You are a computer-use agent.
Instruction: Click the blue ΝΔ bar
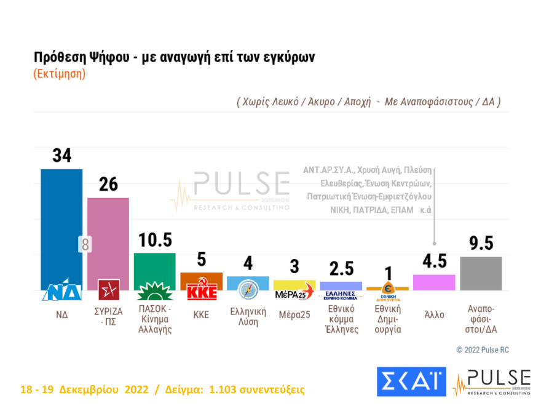pyautogui.click(x=61, y=221)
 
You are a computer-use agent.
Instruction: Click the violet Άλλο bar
pyautogui.click(x=434, y=282)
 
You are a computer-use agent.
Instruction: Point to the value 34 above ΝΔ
pyautogui.click(x=61, y=156)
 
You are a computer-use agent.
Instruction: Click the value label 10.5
pyautogui.click(x=154, y=240)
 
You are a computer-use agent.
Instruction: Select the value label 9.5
pyautogui.click(x=481, y=244)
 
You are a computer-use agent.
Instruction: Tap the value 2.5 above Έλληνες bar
pyautogui.click(x=342, y=269)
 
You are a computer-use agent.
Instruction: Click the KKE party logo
pyautogui.click(x=202, y=292)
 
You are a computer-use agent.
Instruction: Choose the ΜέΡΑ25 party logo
pyautogui.click(x=294, y=293)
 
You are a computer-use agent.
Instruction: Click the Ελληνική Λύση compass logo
pyautogui.click(x=248, y=289)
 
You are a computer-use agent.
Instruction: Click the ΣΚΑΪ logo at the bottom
pyautogui.click(x=411, y=381)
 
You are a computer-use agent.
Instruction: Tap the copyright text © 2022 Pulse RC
pyautogui.click(x=482, y=350)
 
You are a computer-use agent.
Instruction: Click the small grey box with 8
pyautogui.click(x=85, y=244)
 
